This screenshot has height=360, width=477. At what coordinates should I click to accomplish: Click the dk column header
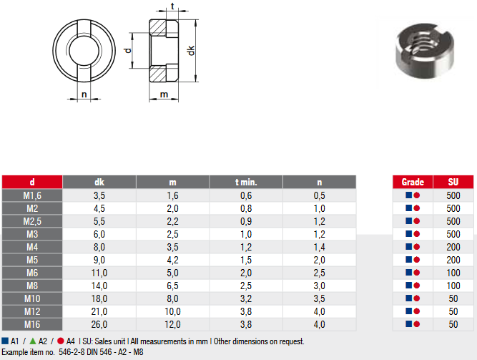[x=99, y=182]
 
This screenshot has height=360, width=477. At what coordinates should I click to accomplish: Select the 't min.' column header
[x=246, y=182]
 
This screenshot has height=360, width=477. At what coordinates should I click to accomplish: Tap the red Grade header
[x=413, y=182]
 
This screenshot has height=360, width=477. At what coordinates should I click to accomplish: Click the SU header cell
[x=453, y=182]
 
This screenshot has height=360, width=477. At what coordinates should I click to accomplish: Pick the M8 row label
[x=32, y=286]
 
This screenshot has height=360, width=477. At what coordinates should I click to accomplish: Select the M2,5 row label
[x=32, y=221]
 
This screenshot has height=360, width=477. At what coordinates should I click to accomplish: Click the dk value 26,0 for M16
[x=99, y=324]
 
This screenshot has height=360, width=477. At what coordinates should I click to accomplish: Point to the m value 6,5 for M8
[x=172, y=286]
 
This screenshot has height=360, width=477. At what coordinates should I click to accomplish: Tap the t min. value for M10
[x=246, y=298]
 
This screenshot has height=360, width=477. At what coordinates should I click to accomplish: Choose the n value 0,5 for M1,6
[x=320, y=195]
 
